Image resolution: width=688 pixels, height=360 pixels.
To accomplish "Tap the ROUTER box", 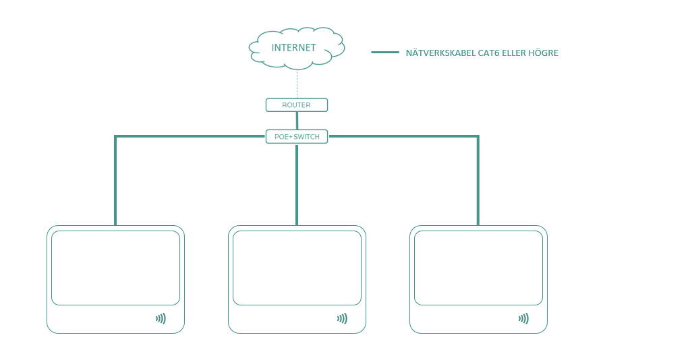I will tap(296, 105).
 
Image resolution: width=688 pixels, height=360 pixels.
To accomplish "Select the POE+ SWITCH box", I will tap(296, 137).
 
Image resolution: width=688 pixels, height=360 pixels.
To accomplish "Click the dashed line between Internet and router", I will tap(297, 84).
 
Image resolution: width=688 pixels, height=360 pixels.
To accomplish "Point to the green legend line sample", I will tap(385, 52).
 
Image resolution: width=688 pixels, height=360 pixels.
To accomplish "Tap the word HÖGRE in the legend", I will tap(544, 53).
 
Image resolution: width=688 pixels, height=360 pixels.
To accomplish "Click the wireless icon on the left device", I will tap(161, 319).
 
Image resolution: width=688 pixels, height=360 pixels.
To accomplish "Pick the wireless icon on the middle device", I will tap(342, 319).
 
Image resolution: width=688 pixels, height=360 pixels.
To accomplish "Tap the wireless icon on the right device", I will tap(523, 319).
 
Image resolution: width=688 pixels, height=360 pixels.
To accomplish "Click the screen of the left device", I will tap(115, 268).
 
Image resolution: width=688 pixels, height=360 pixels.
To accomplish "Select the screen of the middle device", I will tap(297, 268).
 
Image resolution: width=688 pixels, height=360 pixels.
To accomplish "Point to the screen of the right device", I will tap(478, 268).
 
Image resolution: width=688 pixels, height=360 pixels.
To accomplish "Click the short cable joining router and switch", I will tap(297, 121).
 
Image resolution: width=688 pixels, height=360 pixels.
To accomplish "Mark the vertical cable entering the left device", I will tap(115, 182).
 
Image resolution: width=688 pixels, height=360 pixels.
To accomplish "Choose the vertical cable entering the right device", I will tap(478, 182).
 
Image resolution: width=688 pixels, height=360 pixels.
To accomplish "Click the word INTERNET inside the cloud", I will tap(293, 48).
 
